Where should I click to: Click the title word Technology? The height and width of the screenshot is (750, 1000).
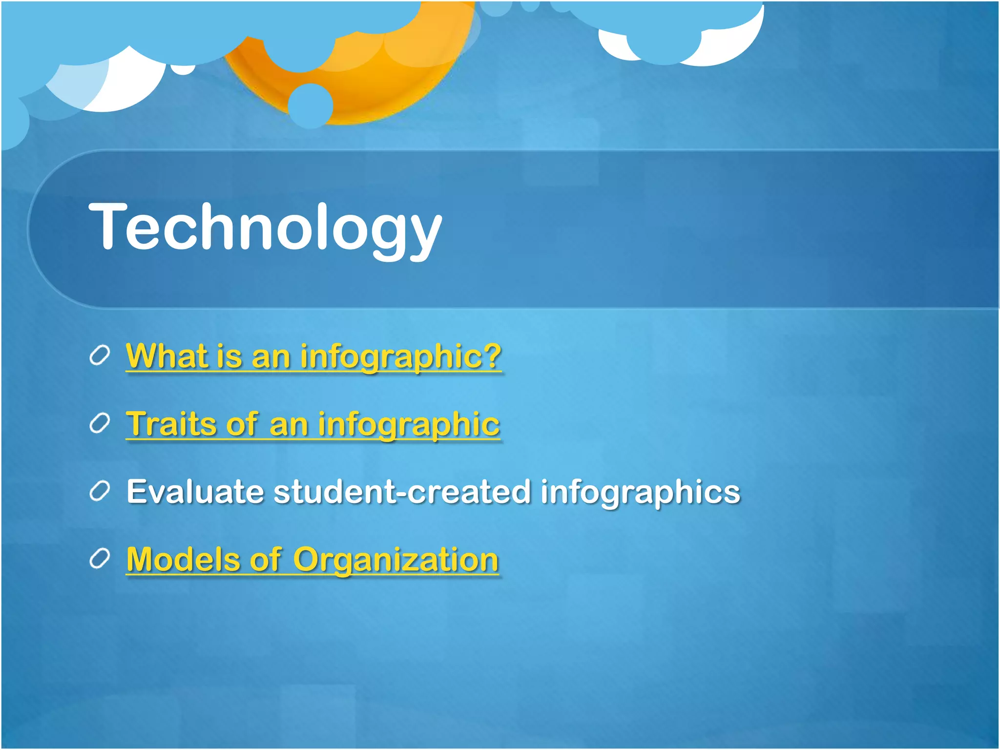coord(265,227)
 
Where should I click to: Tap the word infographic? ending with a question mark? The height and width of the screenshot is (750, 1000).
coord(400,356)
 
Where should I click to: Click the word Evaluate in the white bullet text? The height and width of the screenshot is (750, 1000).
coord(195,491)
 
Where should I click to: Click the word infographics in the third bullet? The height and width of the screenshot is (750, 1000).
coord(640,492)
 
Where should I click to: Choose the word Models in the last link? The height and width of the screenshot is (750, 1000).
coord(183,559)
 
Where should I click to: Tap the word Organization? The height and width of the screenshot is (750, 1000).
coord(396,560)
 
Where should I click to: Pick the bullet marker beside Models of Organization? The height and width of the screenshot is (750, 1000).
coord(99,560)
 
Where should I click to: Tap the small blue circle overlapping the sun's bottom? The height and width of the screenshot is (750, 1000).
coord(310,105)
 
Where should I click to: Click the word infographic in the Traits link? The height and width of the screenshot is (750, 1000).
coord(409,424)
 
